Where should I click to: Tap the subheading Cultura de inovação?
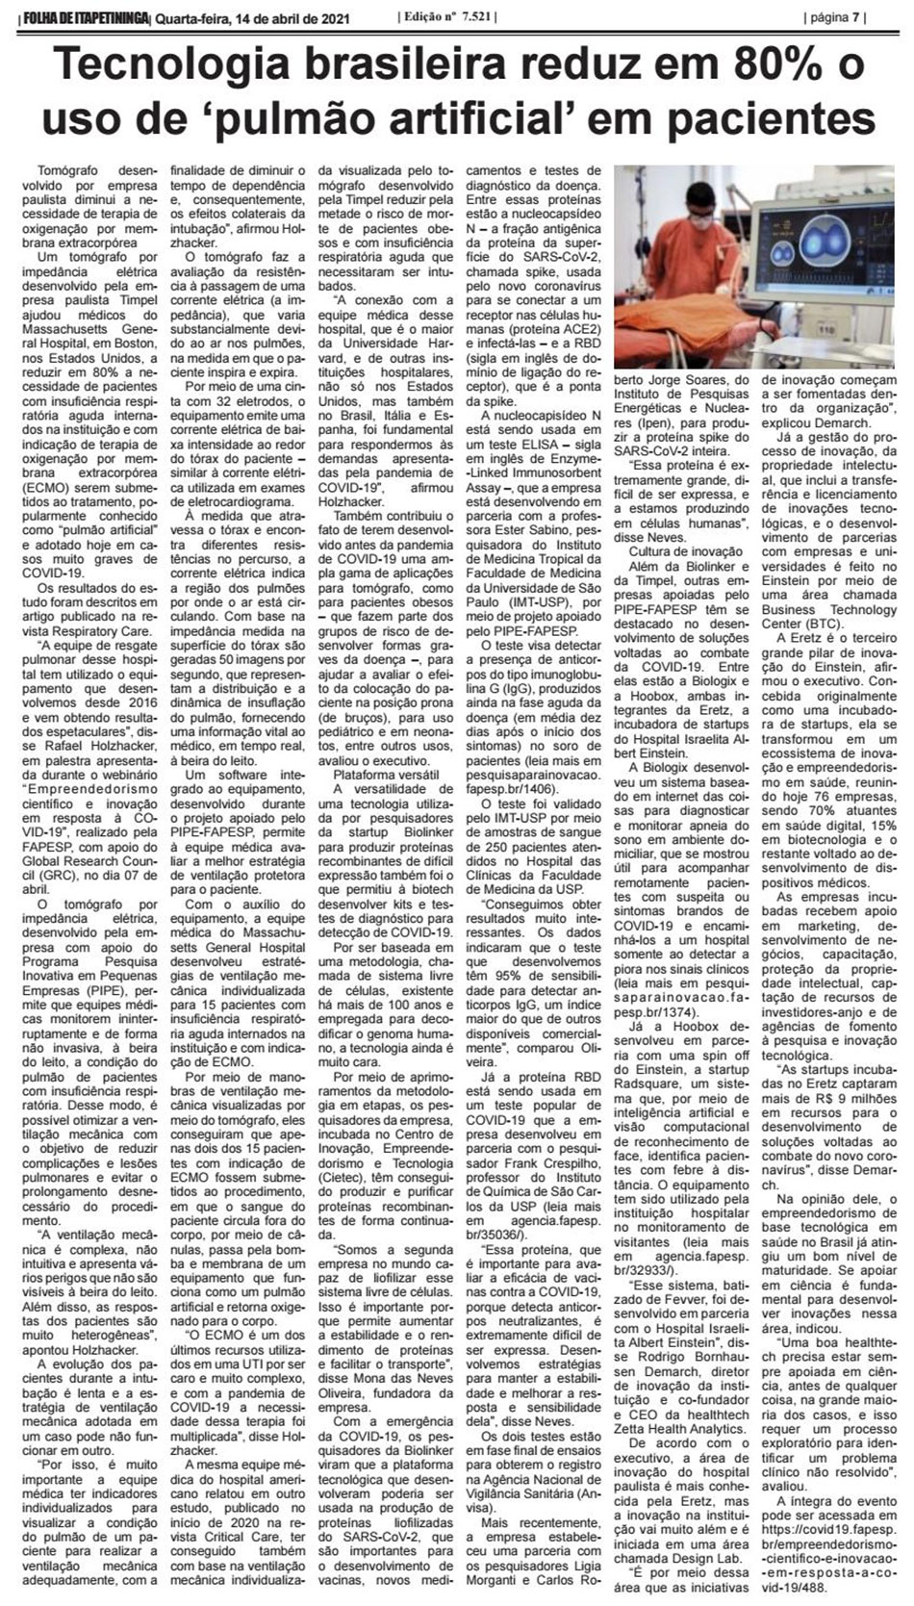click(686, 550)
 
